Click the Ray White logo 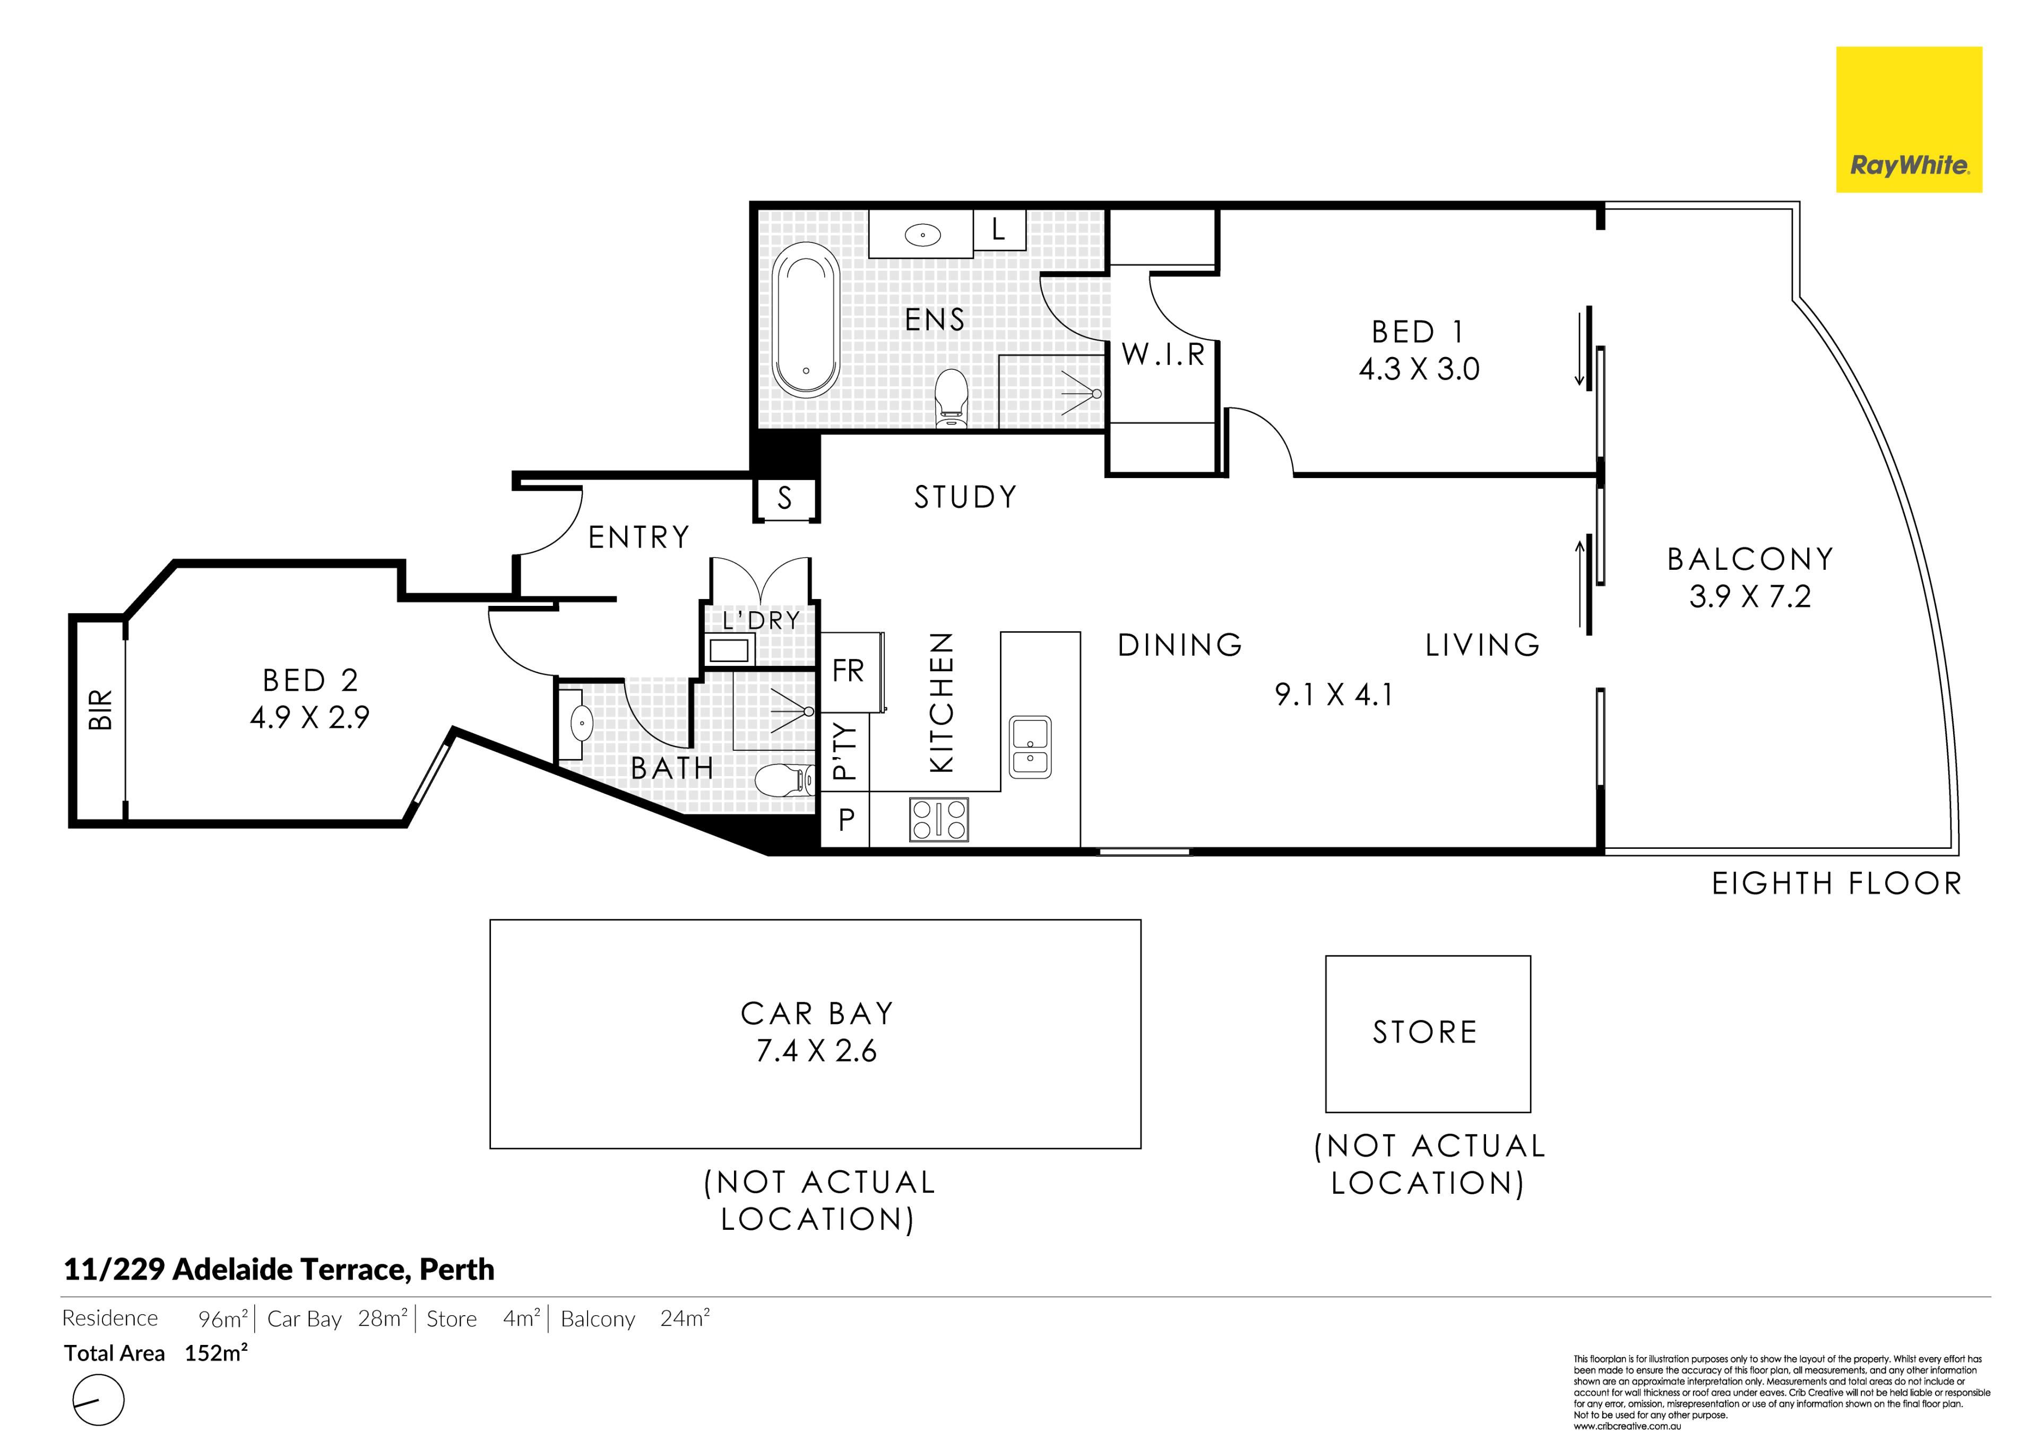(x=1909, y=120)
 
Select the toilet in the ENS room (x=952, y=398)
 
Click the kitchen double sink (x=1031, y=747)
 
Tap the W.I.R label (x=1163, y=354)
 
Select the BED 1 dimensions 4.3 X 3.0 (x=1419, y=369)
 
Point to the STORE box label (x=1425, y=1032)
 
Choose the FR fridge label (x=848, y=671)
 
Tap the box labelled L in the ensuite (x=999, y=230)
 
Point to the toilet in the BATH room (x=785, y=781)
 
